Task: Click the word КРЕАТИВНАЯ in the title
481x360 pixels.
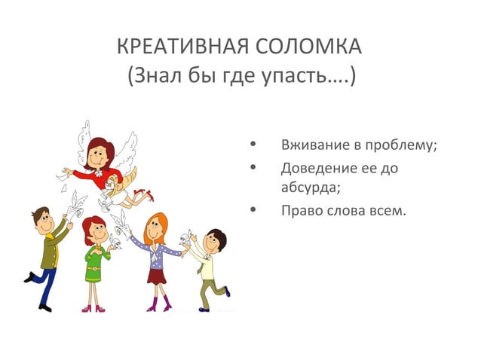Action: (x=174, y=47)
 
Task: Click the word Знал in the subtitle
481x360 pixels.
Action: (x=157, y=77)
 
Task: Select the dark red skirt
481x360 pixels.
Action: (x=156, y=275)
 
